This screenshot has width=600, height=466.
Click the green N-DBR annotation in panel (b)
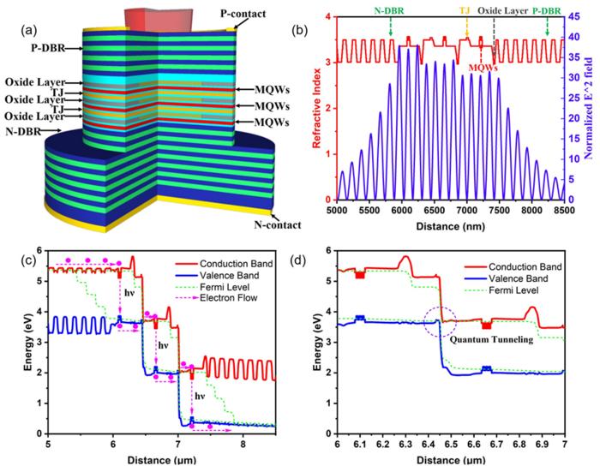[x=390, y=12]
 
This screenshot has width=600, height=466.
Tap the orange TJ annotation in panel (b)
[x=466, y=12]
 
